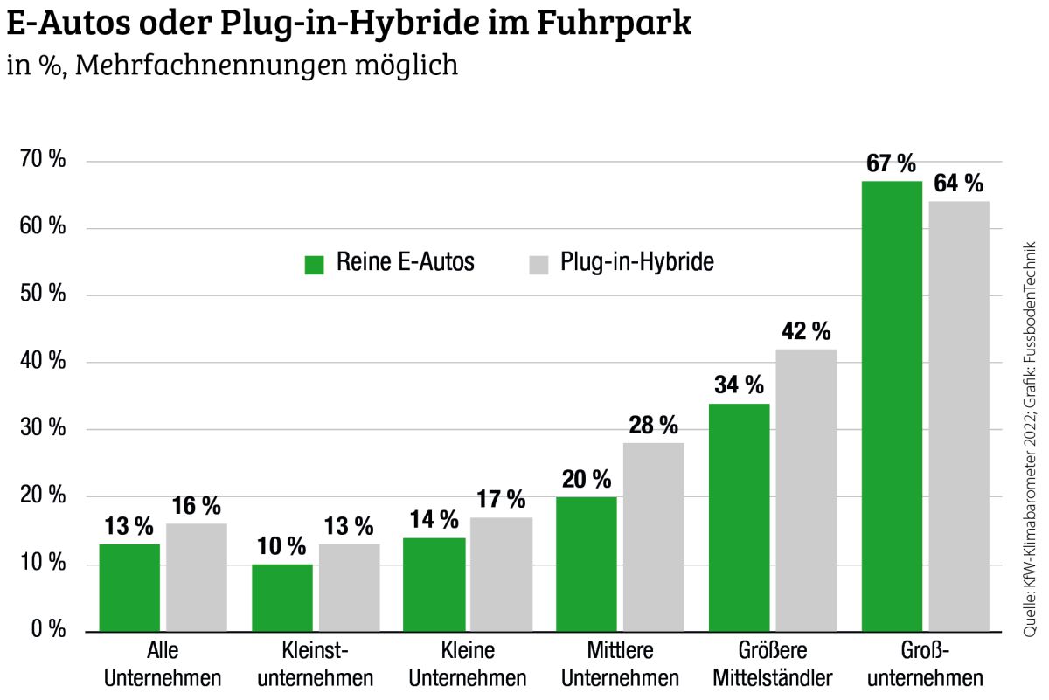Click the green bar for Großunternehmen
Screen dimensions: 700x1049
(892, 405)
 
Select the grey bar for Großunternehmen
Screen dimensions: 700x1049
(959, 416)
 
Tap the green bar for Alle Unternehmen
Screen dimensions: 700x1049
(129, 587)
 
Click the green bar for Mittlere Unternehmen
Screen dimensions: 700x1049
(587, 564)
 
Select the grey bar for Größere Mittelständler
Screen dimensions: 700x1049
(806, 489)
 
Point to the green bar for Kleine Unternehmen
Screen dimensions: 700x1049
(434, 584)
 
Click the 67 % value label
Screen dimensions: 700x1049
(891, 163)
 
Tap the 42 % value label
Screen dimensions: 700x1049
(805, 331)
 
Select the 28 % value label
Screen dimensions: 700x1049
(653, 426)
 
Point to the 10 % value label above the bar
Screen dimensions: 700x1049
(281, 547)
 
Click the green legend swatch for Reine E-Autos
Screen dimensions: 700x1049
(315, 264)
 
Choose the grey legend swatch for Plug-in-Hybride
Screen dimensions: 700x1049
(538, 264)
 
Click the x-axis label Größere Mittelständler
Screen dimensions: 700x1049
(773, 665)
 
